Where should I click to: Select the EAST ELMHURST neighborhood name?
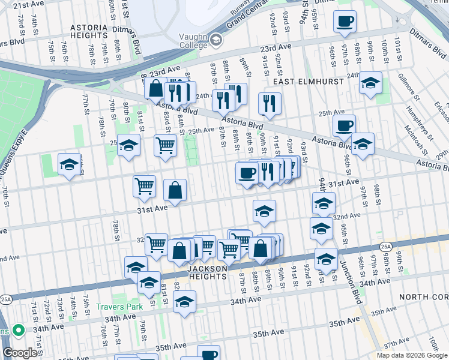coord(309,80)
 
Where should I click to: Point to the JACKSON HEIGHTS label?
coord(207,272)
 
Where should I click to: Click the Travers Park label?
coord(119,307)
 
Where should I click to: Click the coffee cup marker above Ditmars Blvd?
coord(345,22)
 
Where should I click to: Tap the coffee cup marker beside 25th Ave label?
coord(344,126)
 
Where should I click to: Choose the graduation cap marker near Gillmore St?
coord(370,83)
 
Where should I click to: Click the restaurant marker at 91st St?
coord(270,103)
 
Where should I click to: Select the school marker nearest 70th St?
coord(70,165)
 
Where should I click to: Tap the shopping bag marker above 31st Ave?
coord(175,191)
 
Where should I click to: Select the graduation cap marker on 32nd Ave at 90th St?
coord(264,212)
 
